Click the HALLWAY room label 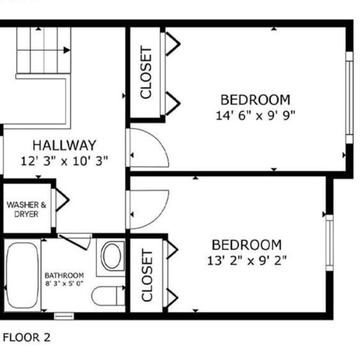pyautogui.click(x=64, y=145)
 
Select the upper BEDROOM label pyautogui.click(x=256, y=100)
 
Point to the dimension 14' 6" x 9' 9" pyautogui.click(x=256, y=115)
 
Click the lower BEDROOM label pyautogui.click(x=246, y=245)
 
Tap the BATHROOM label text pyautogui.click(x=64, y=275)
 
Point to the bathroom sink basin pyautogui.click(x=112, y=256)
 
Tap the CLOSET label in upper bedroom pyautogui.click(x=146, y=72)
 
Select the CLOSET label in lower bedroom pyautogui.click(x=147, y=275)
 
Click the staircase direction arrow pyautogui.click(x=66, y=50)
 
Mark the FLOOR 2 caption pyautogui.click(x=27, y=337)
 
